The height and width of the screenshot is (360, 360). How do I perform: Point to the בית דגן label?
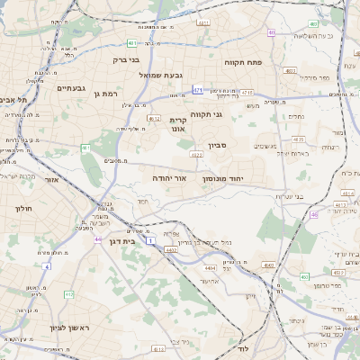point(133,241)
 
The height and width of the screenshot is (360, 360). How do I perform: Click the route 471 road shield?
point(198,90)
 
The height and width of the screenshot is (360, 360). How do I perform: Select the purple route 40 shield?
point(271,32)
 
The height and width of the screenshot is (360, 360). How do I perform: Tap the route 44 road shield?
point(97,239)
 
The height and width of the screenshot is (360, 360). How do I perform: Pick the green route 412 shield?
point(69,293)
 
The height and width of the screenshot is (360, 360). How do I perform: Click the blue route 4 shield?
point(45,266)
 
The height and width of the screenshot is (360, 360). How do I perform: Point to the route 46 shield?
point(314,214)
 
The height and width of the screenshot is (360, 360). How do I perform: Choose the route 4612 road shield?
point(154,118)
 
